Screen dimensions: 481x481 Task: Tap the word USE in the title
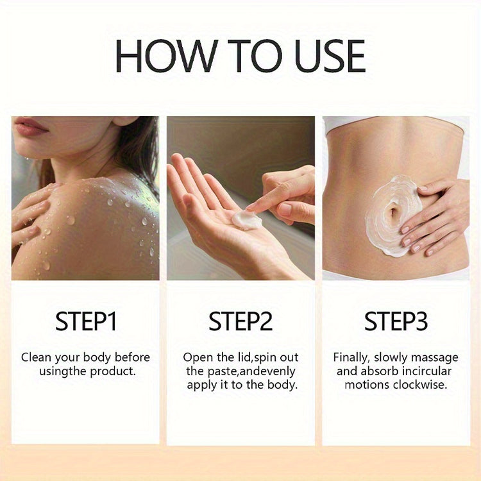[330, 56]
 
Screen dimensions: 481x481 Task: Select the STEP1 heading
[86, 321]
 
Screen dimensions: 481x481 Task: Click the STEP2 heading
[240, 321]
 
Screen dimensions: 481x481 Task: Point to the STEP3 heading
[396, 321]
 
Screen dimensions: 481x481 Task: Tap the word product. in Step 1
[113, 372]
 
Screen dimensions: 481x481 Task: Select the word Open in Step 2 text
[198, 358]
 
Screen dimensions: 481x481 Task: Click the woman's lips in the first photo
[30, 126]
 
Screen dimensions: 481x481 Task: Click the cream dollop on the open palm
[246, 220]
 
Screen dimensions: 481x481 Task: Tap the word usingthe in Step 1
[63, 372]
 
